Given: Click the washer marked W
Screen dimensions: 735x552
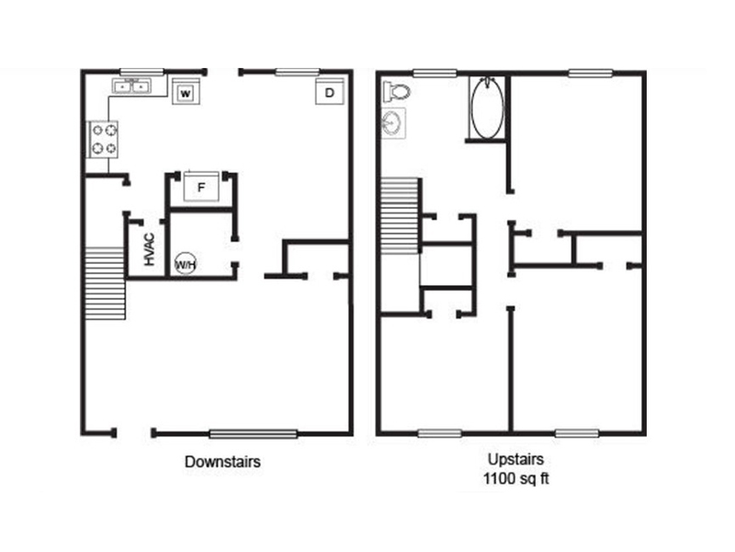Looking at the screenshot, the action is point(187,91).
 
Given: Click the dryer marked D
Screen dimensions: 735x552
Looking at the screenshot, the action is point(330,91).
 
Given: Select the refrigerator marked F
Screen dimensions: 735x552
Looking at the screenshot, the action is point(201,187).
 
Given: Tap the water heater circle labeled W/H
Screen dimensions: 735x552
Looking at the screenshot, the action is point(186,264).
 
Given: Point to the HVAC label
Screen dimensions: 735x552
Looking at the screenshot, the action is point(149,249).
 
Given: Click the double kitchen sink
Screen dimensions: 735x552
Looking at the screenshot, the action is point(131,86).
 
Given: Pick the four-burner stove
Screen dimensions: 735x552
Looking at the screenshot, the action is point(103,140).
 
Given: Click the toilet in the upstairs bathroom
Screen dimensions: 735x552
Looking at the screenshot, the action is point(397,91).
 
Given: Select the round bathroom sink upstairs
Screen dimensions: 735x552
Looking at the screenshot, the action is point(393,123).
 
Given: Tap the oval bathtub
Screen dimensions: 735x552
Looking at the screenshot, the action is point(488,108).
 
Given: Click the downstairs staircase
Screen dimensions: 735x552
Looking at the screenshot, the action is point(105,283).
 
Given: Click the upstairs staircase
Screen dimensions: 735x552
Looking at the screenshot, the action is point(400,216).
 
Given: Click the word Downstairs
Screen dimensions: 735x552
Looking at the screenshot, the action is point(222,462).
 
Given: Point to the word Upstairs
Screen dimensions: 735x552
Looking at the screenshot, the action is point(515,458).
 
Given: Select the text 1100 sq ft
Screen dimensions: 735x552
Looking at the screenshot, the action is point(515,478).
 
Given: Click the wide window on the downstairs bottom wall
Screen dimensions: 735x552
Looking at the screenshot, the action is point(254,433).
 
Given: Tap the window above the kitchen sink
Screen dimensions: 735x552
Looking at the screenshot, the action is point(141,72).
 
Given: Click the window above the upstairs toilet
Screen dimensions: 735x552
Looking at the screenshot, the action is point(435,73).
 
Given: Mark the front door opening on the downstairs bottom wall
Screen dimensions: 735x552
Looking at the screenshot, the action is point(133,432).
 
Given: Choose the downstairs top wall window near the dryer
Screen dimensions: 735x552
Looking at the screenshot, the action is point(297,72).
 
